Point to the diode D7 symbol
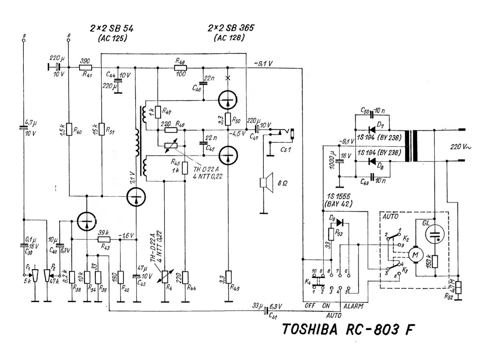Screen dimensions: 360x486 point(372,130)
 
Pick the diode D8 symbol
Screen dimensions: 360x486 point(372,161)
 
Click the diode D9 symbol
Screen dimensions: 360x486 point(340,222)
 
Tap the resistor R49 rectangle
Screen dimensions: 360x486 point(228,277)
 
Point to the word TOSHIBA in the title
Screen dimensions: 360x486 point(309,329)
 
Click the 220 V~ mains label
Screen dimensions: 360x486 point(460,147)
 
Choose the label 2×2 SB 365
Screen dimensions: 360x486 point(231,28)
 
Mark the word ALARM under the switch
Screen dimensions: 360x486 point(353,306)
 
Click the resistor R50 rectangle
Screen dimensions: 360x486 point(228,119)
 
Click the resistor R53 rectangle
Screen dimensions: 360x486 point(331,234)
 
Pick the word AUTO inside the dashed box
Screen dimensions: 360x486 point(390,217)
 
